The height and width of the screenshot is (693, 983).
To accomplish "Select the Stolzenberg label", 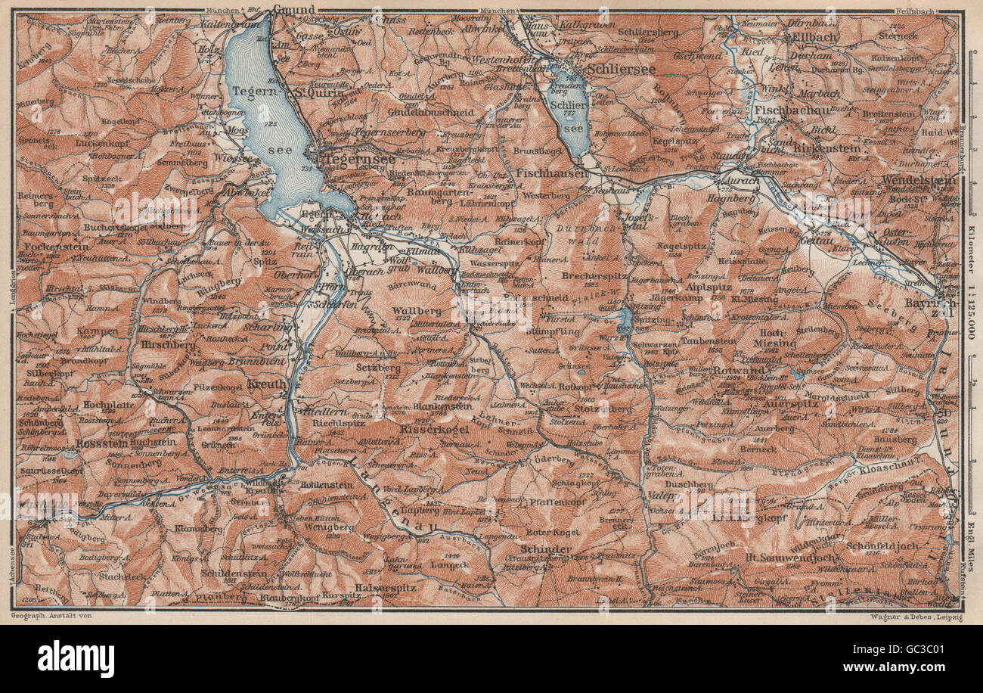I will click(x=603, y=409).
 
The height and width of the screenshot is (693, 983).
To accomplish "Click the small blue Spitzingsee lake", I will click(x=625, y=322).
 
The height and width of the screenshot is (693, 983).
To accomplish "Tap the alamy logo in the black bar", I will click(x=76, y=658).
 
